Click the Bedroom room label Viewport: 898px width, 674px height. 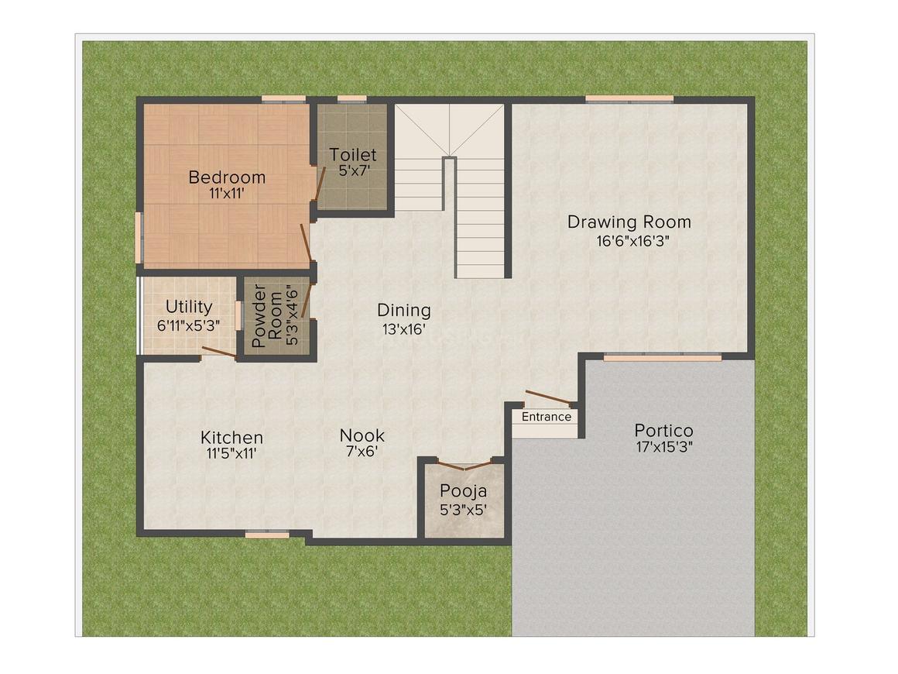pyautogui.click(x=227, y=177)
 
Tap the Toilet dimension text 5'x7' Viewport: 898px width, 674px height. pyautogui.click(x=352, y=171)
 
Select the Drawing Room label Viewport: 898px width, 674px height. pyautogui.click(x=629, y=222)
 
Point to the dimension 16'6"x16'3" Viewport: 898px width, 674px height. pyautogui.click(x=629, y=241)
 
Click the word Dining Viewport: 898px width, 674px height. pyautogui.click(x=403, y=311)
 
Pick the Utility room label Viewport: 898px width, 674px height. pyautogui.click(x=188, y=308)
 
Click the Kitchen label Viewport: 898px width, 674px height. pyautogui.click(x=231, y=438)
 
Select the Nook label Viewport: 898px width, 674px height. pyautogui.click(x=362, y=435)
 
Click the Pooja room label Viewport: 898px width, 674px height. pyautogui.click(x=463, y=490)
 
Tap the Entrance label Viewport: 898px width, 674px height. pyautogui.click(x=546, y=417)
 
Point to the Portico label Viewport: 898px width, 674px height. pyautogui.click(x=663, y=430)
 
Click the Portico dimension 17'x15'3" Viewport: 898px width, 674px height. pyautogui.click(x=663, y=448)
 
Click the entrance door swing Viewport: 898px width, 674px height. pyautogui.click(x=547, y=399)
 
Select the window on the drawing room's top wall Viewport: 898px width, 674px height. pyautogui.click(x=629, y=98)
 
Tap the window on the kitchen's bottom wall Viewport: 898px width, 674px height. pyautogui.click(x=267, y=533)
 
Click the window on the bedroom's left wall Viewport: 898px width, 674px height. pyautogui.click(x=139, y=237)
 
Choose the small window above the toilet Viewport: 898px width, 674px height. pyautogui.click(x=351, y=98)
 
